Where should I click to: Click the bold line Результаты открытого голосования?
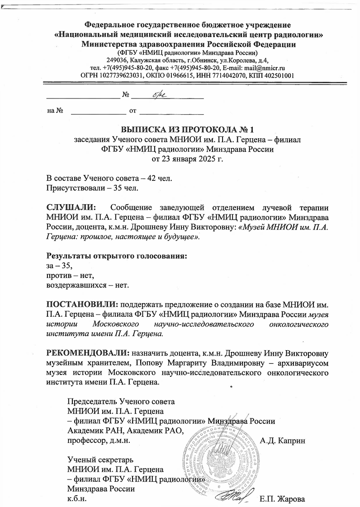click(x=117, y=256)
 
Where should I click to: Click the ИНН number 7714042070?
click(x=229, y=75)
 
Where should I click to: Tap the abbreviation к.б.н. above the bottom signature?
click(x=77, y=499)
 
